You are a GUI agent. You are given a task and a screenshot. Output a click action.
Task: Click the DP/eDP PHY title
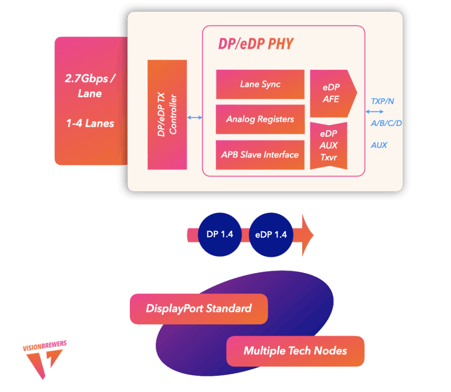tap(256, 44)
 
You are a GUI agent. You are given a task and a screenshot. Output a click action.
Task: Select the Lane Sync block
tap(260, 84)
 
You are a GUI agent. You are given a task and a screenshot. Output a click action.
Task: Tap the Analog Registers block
tap(260, 119)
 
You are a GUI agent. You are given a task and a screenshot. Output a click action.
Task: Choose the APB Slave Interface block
tap(260, 155)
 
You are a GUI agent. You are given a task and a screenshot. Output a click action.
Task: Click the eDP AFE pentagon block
tap(333, 93)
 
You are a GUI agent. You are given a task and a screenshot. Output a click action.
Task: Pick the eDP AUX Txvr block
tap(328, 146)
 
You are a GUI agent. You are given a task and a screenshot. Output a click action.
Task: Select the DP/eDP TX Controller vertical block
tap(167, 115)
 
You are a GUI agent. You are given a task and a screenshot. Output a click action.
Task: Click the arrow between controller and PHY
tap(195, 118)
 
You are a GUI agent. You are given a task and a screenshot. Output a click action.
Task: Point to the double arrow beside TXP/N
tap(374, 112)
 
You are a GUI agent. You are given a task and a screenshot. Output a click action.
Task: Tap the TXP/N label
tap(382, 101)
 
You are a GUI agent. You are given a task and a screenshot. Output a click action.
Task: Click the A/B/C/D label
tap(386, 123)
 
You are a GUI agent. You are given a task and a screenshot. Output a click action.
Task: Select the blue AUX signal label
tap(379, 145)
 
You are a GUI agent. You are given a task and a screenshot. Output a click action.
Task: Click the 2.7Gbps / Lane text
tap(90, 86)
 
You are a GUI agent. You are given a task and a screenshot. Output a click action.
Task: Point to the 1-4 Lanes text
tap(90, 123)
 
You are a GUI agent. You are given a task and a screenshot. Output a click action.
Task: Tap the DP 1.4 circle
tap(220, 235)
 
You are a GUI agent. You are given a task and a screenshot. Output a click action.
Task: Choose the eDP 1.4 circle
tap(271, 235)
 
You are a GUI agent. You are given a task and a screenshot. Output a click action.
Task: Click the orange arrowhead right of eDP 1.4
tap(307, 235)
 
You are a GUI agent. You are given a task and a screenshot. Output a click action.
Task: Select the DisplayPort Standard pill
tap(199, 309)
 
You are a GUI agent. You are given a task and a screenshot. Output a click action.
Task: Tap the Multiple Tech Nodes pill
tap(296, 351)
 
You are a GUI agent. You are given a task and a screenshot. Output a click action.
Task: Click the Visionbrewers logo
tap(45, 360)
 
